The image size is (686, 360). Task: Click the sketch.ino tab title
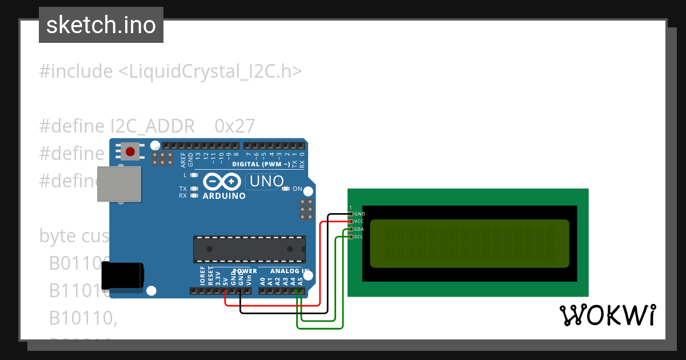pos(101,25)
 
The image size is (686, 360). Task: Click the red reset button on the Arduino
pos(130,152)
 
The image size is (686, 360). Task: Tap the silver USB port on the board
pos(119,183)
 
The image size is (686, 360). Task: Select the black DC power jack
pos(122,278)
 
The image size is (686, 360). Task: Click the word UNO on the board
pos(265,182)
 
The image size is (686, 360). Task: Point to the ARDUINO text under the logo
pos(224,196)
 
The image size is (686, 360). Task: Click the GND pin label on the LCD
pos(360,214)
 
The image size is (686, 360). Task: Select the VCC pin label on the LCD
pos(359,221)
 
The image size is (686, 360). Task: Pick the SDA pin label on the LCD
pos(359,229)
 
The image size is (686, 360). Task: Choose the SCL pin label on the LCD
pos(358,237)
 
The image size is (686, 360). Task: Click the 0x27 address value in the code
pos(235,126)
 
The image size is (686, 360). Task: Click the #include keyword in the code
pos(75,71)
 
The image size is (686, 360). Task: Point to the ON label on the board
pos(297,189)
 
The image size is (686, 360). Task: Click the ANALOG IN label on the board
pos(290,271)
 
